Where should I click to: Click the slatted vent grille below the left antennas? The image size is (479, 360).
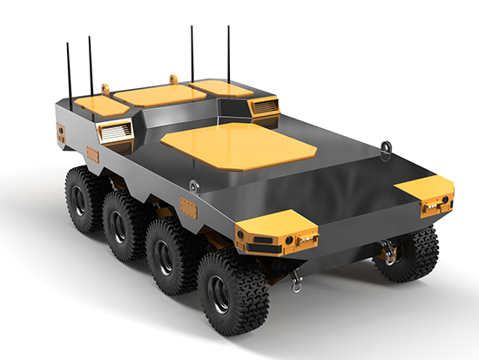[x=115, y=132]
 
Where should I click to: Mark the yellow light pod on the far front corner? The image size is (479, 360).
[x=426, y=197]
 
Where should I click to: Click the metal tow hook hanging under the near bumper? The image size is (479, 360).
[x=297, y=280]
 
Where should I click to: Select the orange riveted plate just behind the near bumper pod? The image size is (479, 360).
[x=188, y=207]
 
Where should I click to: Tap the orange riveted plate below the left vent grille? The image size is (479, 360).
[x=92, y=155]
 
